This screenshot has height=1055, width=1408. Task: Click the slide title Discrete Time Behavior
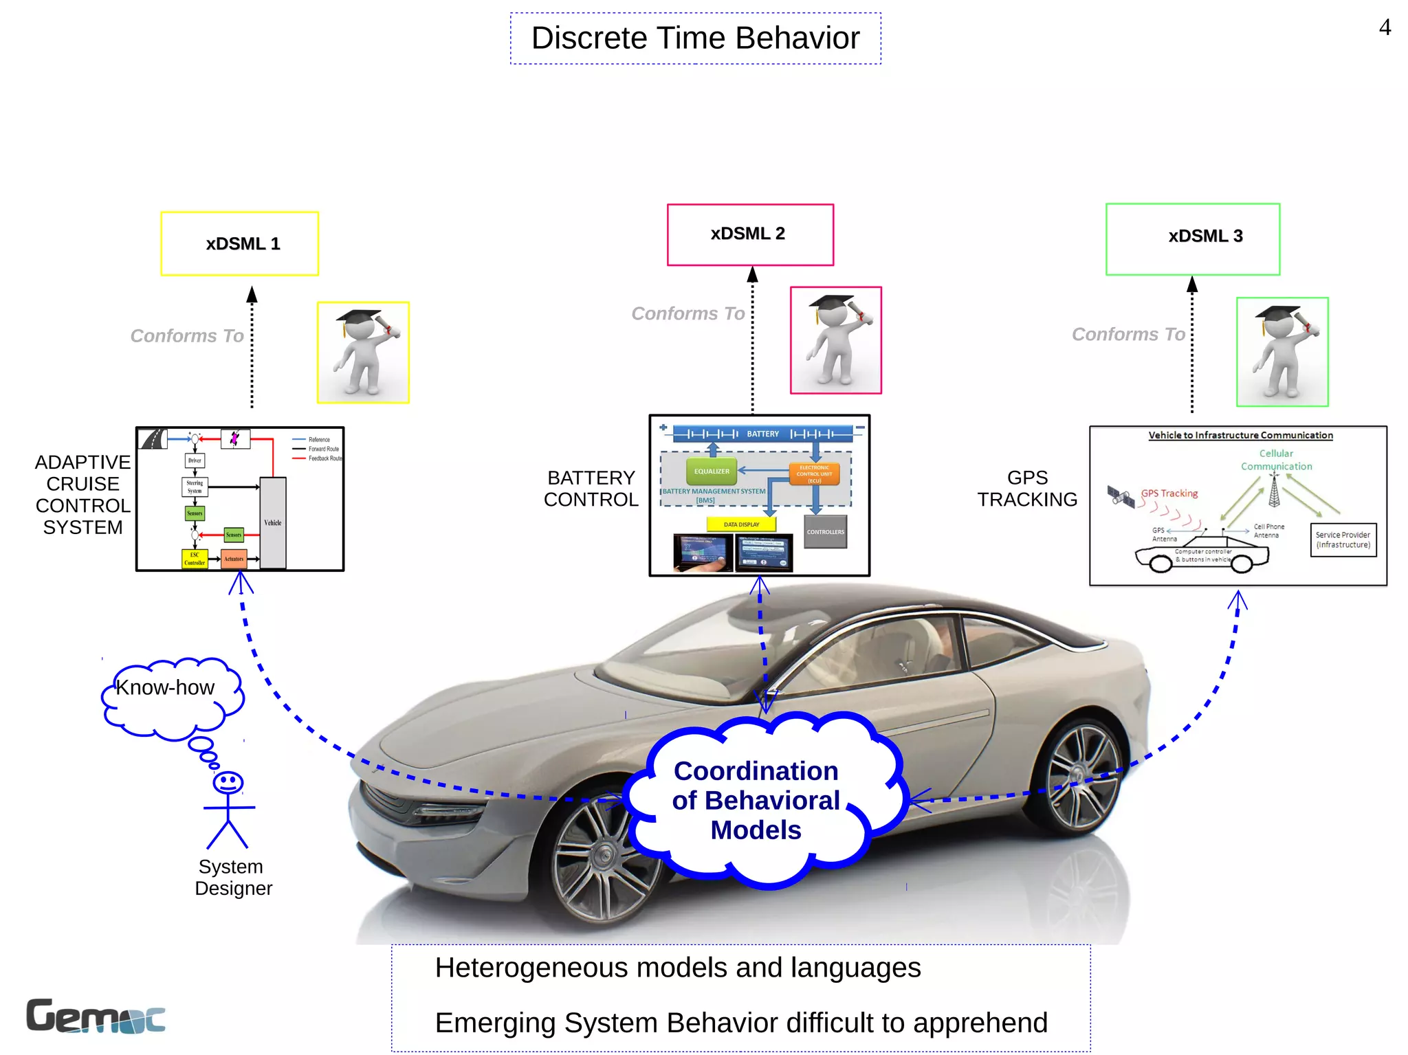click(695, 38)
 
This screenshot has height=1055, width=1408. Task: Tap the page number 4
click(1385, 27)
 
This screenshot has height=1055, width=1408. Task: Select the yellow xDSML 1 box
click(240, 244)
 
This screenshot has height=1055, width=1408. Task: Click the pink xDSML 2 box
click(750, 234)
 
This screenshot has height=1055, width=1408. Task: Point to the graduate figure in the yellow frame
click(363, 352)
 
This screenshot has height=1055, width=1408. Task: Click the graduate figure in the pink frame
click(836, 340)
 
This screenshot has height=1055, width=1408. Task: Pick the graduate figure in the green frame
click(1282, 352)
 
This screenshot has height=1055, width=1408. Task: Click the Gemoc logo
click(96, 1016)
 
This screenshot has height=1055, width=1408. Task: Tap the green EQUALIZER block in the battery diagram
click(711, 471)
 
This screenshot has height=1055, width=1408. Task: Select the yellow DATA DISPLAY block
click(741, 524)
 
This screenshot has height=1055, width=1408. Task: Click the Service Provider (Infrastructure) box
click(1343, 540)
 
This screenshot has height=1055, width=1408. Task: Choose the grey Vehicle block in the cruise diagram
click(273, 522)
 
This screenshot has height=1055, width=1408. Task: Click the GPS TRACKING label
click(1027, 489)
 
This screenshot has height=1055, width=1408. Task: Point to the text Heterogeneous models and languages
click(678, 968)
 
